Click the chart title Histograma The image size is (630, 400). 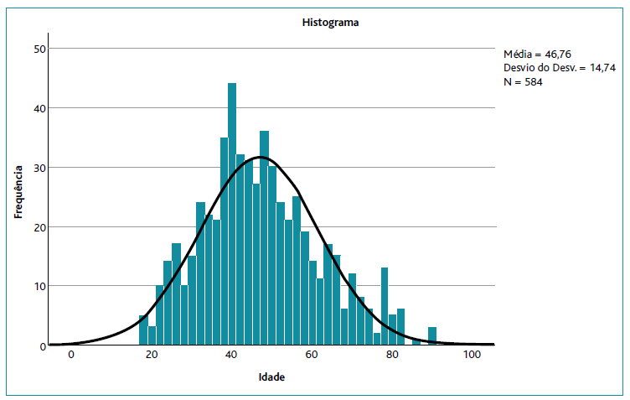point(330,23)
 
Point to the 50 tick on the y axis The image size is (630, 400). point(39,49)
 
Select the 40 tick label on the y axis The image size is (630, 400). point(39,108)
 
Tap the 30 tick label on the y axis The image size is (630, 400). point(39,168)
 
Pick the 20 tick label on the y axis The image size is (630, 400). point(39,227)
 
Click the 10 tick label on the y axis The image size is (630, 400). point(39,286)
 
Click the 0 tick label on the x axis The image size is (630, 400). point(71,356)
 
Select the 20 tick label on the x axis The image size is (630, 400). point(152,356)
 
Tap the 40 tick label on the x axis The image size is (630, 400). point(231,356)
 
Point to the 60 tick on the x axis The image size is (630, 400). point(312,356)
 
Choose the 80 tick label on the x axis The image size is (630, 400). point(392,356)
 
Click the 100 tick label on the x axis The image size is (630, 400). point(472,356)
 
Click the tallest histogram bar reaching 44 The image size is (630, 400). point(232,214)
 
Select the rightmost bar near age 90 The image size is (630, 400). point(432,336)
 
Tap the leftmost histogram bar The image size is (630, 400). point(143,330)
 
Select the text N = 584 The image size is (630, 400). point(524,81)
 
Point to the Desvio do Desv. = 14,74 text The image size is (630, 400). point(559,67)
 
